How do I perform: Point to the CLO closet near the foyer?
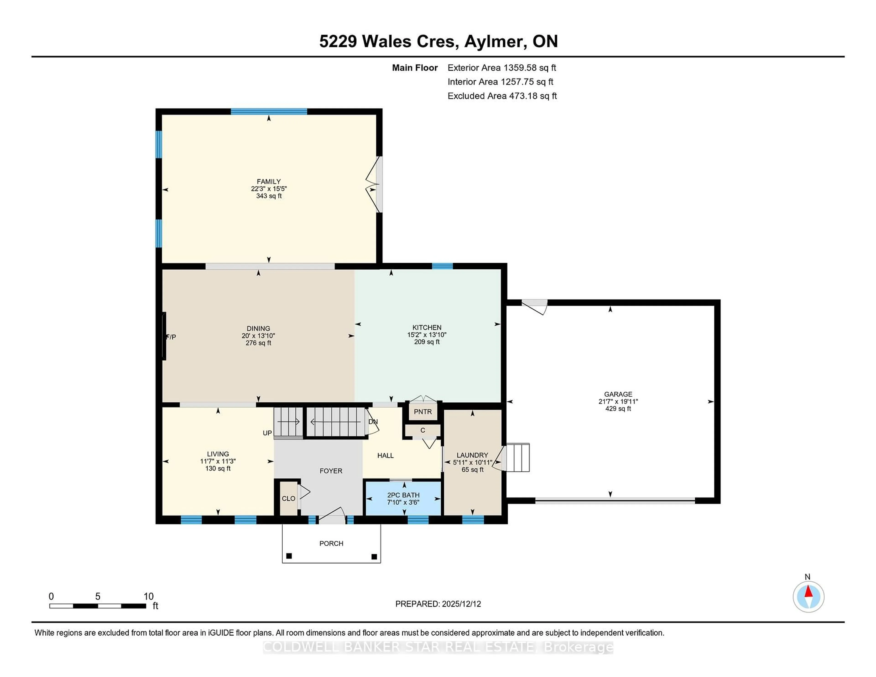[x=288, y=499]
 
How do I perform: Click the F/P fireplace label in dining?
[x=171, y=337]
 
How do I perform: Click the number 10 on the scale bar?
[x=149, y=596]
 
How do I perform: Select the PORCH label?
[x=331, y=543]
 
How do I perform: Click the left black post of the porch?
[x=289, y=556]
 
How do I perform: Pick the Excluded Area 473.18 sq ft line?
[x=502, y=96]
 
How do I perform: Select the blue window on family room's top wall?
[x=269, y=112]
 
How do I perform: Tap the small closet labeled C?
[x=423, y=430]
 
